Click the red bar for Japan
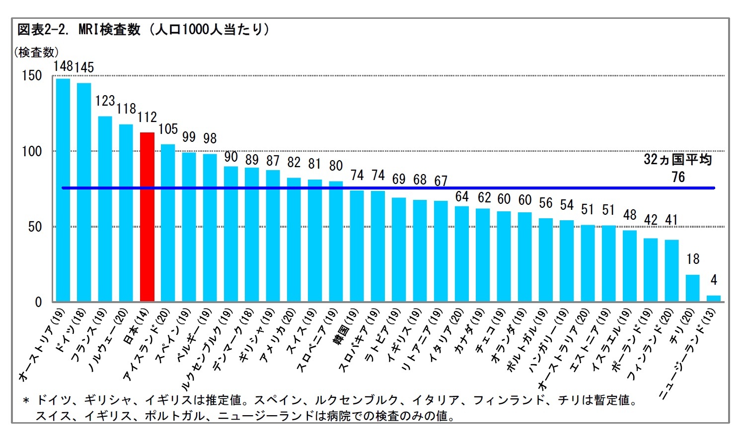147,217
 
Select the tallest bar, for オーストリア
63,190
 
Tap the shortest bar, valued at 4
713,299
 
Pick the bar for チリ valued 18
692,288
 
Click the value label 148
63,66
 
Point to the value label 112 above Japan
147,118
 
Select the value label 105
168,129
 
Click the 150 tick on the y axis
32,76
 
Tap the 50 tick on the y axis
35,227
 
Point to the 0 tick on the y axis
38,302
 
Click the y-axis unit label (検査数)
37,52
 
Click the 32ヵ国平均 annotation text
677,160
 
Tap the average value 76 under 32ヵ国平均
678,177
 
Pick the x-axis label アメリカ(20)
278,335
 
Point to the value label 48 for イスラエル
629,215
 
